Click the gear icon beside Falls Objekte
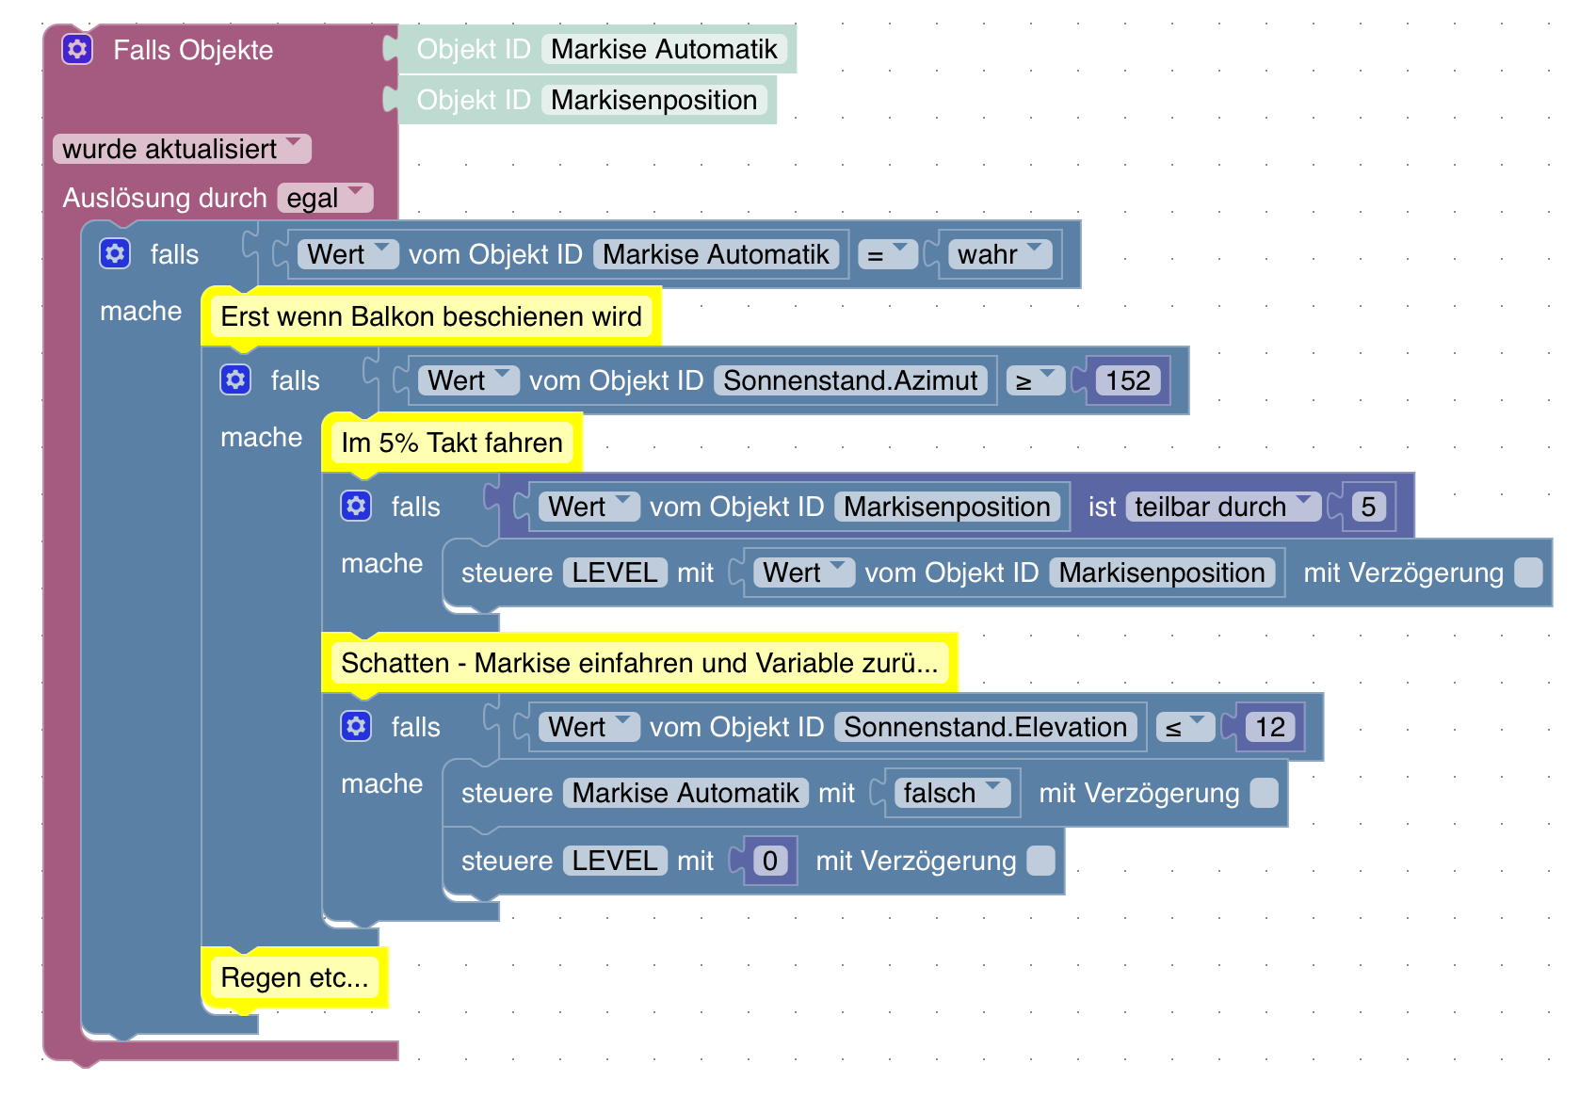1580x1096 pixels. pos(77,49)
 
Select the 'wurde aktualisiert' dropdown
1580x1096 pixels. pos(182,149)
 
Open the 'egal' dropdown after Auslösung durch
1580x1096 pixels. pos(325,198)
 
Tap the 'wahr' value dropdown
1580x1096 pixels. pos(999,254)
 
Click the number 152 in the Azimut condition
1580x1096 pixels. pos(1127,380)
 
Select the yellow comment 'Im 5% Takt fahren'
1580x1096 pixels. pos(452,443)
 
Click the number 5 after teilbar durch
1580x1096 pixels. pos(1368,507)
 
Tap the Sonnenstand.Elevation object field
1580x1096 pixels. pos(985,727)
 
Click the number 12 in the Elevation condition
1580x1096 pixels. pos(1269,727)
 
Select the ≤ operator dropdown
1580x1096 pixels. pos(1185,727)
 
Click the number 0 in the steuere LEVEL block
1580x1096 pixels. pos(769,861)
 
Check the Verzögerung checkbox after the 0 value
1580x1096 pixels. pos(1040,861)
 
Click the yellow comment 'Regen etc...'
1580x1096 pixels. pos(294,977)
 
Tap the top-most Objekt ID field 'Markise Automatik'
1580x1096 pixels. pos(664,49)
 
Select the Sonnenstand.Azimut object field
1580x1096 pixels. pos(850,380)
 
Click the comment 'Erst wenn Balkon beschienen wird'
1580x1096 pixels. pos(431,316)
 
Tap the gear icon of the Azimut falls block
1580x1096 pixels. pos(235,379)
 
